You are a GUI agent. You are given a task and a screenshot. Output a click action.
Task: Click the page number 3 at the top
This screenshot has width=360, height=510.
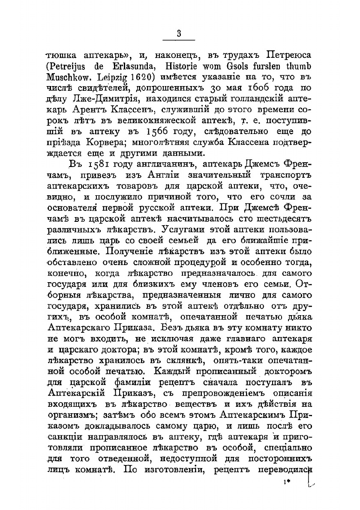click(179, 34)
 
